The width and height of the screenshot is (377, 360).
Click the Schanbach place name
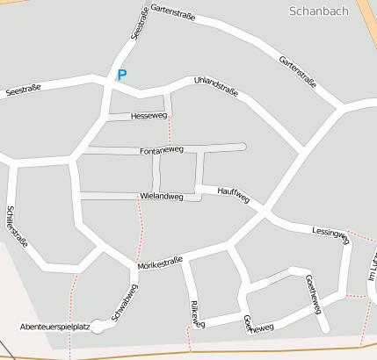[x=318, y=11]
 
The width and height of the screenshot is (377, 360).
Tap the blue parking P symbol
[x=121, y=76]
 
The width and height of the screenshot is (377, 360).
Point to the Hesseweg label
[x=148, y=116]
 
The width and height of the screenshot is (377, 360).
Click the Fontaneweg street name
[x=161, y=151]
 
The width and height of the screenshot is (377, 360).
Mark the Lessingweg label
[x=330, y=233]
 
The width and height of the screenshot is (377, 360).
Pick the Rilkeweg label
[x=196, y=314]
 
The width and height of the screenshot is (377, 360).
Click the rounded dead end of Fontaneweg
[x=242, y=146]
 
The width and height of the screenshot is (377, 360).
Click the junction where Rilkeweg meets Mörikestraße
[x=184, y=260]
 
